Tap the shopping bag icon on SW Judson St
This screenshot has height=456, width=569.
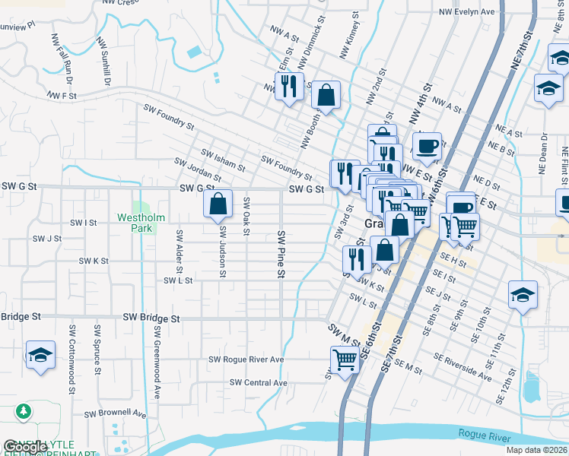(218, 203)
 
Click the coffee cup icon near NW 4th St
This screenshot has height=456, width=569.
(428, 144)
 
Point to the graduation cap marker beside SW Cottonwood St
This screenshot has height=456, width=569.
(40, 355)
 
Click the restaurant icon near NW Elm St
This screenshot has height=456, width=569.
(289, 87)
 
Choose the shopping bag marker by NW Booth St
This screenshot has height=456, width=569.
(326, 95)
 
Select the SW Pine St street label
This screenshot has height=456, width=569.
(281, 253)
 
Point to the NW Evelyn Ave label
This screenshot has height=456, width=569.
(467, 12)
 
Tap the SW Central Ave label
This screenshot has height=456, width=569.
(259, 382)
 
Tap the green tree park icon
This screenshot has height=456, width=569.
(24, 411)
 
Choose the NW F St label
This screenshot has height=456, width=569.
(62, 96)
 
